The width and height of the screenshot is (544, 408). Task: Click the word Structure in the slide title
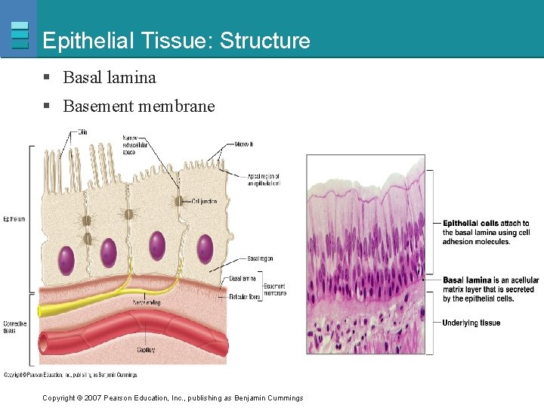tap(264, 41)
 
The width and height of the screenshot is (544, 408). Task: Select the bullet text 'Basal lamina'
tap(110, 77)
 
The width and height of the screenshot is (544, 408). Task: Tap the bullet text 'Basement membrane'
tap(139, 107)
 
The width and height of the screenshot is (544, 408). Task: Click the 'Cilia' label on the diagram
tap(82, 132)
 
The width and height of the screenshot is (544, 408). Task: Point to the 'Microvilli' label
tap(243, 144)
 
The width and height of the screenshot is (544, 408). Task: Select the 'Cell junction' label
tap(205, 201)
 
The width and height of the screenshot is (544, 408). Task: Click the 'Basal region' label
tap(260, 258)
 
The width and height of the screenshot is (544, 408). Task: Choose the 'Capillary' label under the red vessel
tap(147, 349)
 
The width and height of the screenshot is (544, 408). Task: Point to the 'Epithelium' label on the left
tap(13, 219)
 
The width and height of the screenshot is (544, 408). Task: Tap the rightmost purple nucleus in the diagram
tap(205, 249)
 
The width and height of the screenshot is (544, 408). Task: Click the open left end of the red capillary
tap(44, 344)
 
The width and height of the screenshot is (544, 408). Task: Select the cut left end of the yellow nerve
tap(40, 310)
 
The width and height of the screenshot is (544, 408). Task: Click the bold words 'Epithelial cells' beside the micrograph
tap(470, 224)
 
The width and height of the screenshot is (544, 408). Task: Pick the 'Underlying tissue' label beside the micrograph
tap(471, 323)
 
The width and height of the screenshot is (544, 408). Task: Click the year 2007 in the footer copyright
tap(93, 398)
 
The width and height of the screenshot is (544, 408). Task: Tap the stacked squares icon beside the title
tap(20, 36)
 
